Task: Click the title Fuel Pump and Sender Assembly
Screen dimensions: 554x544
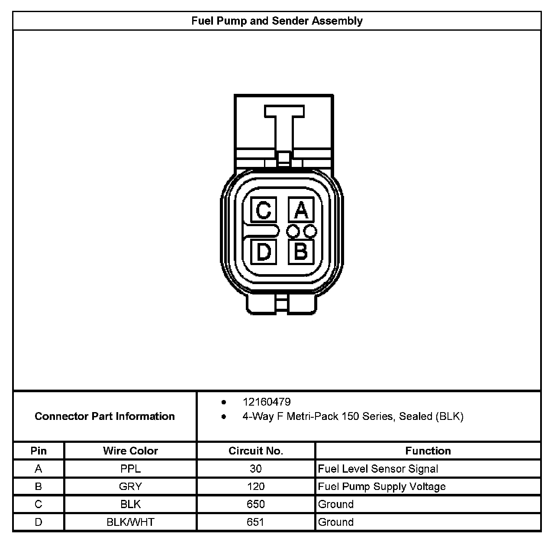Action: pyautogui.click(x=277, y=21)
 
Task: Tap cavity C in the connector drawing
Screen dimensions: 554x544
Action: pyautogui.click(x=264, y=211)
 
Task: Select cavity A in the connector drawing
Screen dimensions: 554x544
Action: pyautogui.click(x=301, y=211)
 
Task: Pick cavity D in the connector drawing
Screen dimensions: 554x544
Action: pyautogui.click(x=264, y=252)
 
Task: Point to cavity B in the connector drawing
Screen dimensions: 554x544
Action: pyautogui.click(x=301, y=251)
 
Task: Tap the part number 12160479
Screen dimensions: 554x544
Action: pyautogui.click(x=267, y=402)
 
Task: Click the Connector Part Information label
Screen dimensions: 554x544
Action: pyautogui.click(x=105, y=416)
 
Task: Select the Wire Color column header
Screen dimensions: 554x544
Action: pyautogui.click(x=130, y=451)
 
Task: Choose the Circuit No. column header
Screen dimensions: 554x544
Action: pyautogui.click(x=256, y=451)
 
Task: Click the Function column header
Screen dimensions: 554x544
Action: pyautogui.click(x=428, y=451)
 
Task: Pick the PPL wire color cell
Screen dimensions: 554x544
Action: pyautogui.click(x=130, y=469)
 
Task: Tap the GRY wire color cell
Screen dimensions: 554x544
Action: pyautogui.click(x=130, y=486)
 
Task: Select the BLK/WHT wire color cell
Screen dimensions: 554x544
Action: pyautogui.click(x=130, y=522)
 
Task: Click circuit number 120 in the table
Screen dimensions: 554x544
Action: pyautogui.click(x=256, y=486)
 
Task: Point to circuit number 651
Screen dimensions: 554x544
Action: pyautogui.click(x=256, y=522)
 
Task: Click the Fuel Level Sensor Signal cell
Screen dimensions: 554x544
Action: pyautogui.click(x=378, y=469)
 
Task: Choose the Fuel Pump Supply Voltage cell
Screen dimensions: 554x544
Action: pyautogui.click(x=382, y=486)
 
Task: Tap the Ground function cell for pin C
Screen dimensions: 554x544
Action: pyautogui.click(x=336, y=504)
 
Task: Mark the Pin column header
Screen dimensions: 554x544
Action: pyautogui.click(x=39, y=451)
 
